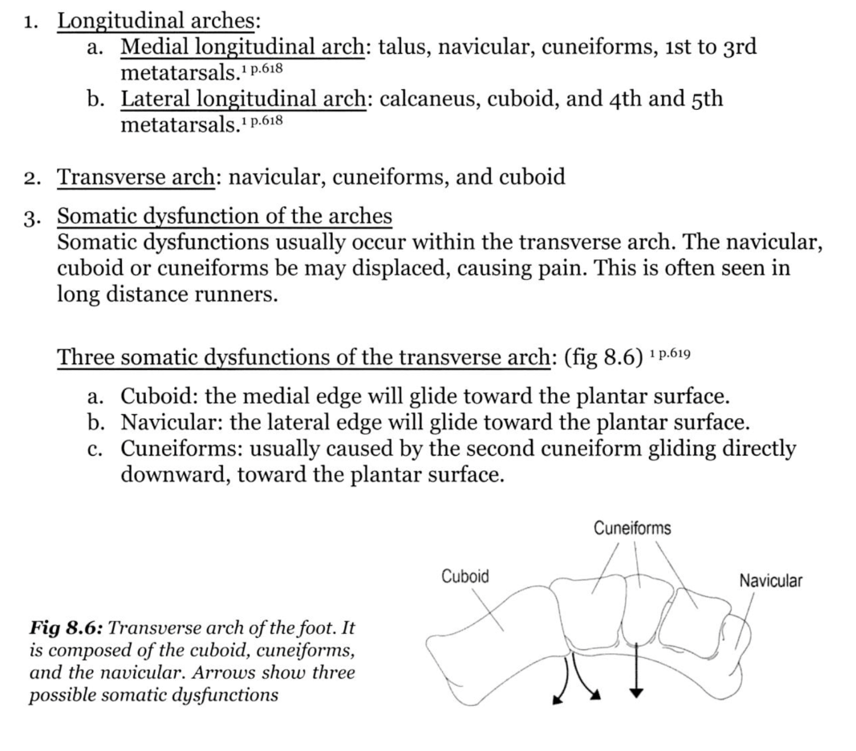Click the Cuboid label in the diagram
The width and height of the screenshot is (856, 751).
[465, 576]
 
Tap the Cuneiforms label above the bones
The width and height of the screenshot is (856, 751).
[632, 528]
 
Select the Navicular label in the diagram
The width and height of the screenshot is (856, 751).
[770, 580]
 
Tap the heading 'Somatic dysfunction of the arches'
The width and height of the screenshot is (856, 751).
[225, 216]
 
